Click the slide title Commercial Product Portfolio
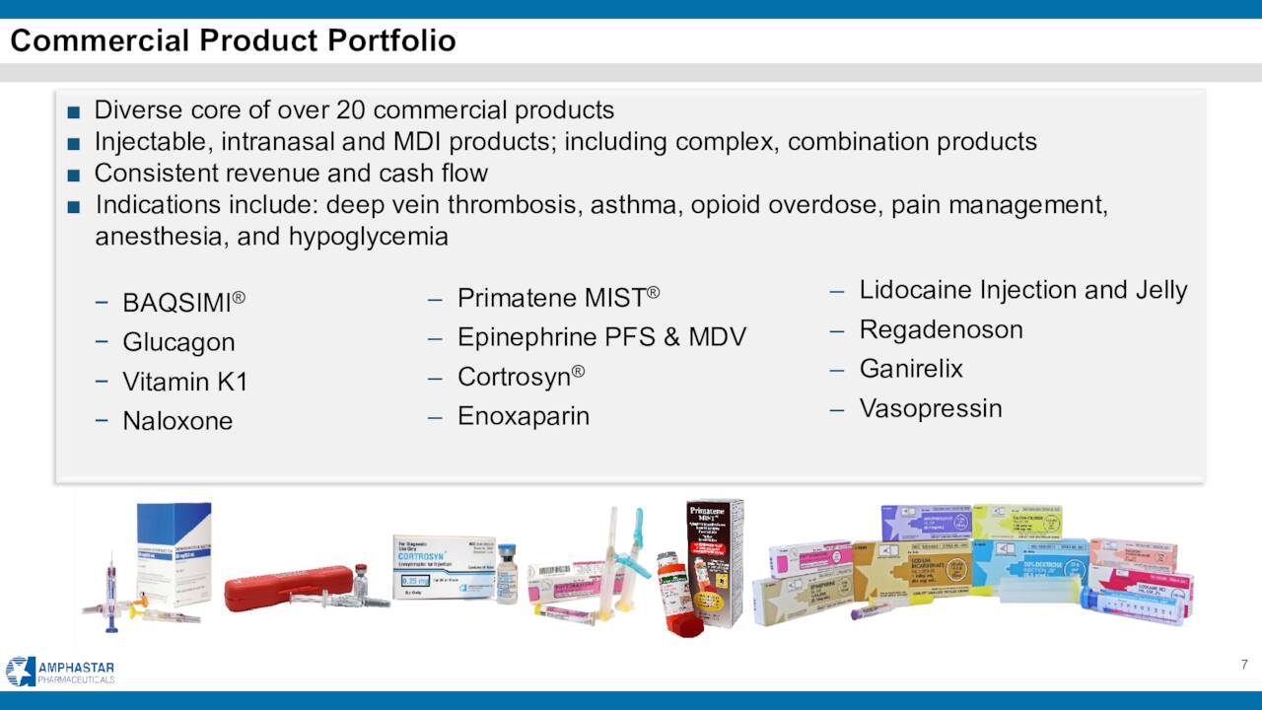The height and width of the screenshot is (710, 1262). [234, 40]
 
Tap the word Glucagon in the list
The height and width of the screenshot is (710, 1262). [178, 342]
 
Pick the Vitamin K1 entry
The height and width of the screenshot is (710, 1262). [184, 382]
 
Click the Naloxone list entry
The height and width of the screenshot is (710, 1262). [177, 421]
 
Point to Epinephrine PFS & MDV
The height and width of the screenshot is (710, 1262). [601, 337]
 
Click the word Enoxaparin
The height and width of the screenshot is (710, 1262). [523, 416]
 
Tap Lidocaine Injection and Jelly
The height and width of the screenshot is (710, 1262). [1022, 290]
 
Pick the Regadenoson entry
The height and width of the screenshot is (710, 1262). [941, 329]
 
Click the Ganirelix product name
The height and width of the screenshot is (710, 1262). [911, 369]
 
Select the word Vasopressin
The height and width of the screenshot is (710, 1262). [930, 408]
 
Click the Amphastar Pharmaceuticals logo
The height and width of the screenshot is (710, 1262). [60, 671]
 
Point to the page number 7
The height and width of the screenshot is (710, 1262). [1244, 664]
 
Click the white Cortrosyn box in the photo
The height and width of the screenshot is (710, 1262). [443, 567]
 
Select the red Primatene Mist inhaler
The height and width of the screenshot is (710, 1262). [680, 602]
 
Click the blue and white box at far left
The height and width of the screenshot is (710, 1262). [174, 547]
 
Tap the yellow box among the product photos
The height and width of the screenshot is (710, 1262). [1017, 522]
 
